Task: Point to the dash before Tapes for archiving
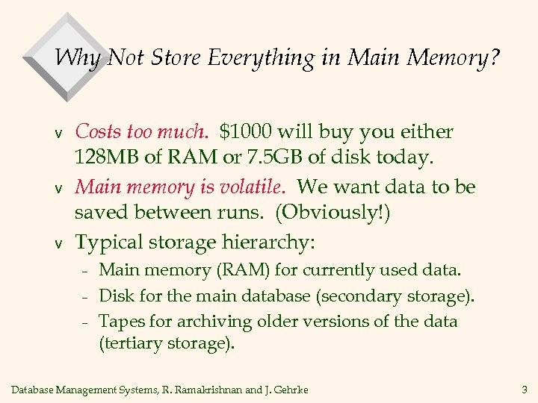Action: (x=85, y=322)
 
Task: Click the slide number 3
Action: (x=522, y=388)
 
